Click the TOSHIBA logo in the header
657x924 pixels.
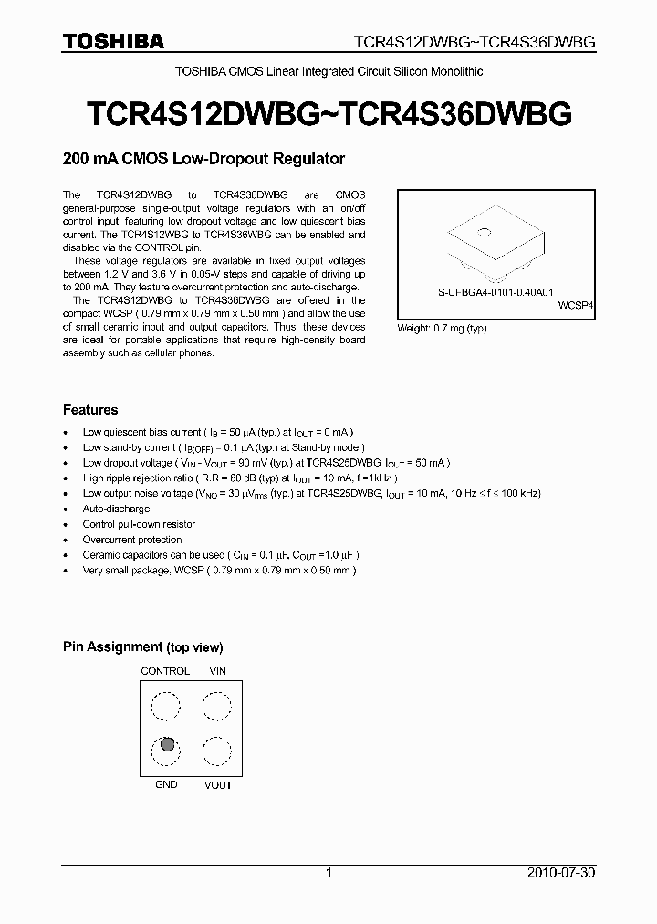113,41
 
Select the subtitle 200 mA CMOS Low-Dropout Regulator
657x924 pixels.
203,159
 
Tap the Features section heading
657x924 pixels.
90,410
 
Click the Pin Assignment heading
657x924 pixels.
142,647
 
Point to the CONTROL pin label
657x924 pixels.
165,671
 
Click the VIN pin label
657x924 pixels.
218,671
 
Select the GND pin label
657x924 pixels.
166,784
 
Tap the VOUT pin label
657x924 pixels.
218,785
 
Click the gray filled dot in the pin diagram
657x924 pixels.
167,744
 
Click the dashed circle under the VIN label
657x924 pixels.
217,707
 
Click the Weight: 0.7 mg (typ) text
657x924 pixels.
443,327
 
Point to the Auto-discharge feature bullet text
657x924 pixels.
116,509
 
